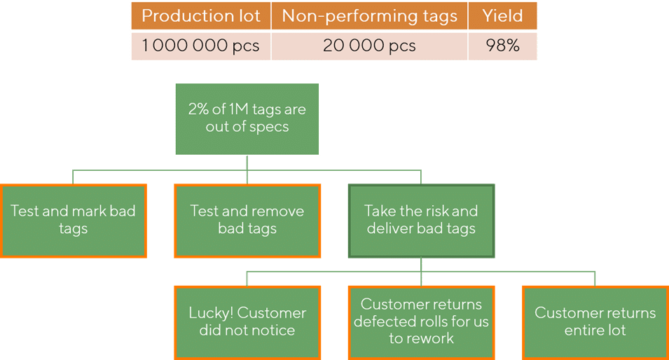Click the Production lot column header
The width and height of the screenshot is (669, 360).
201,16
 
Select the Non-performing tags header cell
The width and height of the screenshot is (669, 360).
369,16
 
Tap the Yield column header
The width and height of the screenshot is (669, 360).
502,16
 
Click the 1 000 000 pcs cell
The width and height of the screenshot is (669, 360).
201,46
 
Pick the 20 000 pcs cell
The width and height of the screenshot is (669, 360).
369,46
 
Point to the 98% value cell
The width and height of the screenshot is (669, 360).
502,46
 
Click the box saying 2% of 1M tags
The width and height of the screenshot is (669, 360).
247,119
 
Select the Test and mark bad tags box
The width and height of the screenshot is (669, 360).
74,221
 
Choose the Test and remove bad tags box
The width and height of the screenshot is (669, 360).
247,221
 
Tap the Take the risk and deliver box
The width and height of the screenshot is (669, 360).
422,221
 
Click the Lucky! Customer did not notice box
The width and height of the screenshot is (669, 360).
247,322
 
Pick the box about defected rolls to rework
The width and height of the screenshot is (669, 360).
422,322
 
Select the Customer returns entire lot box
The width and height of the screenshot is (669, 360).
595,322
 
